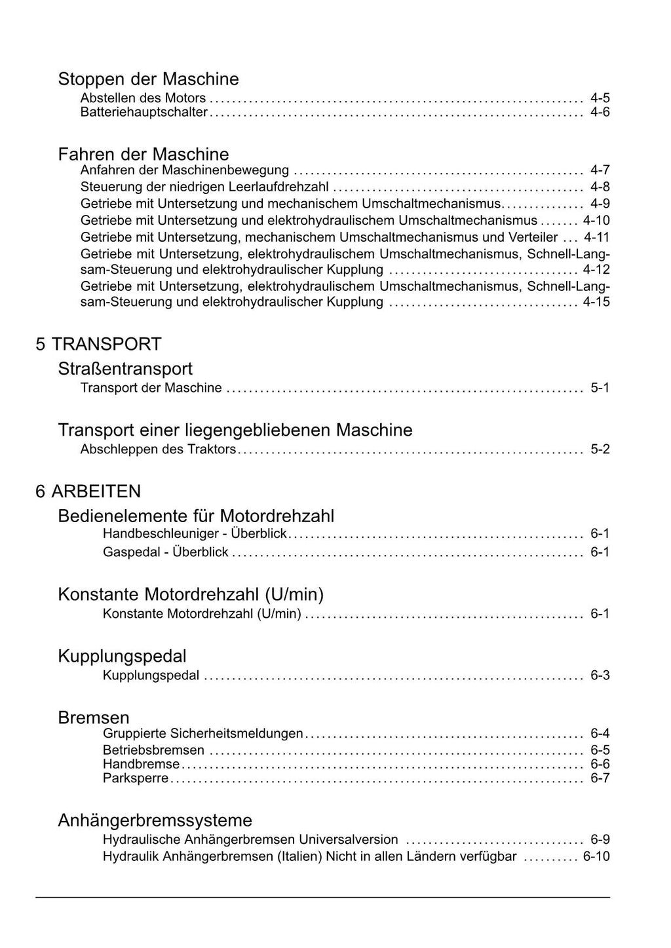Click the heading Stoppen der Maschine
(148, 79)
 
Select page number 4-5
(600, 98)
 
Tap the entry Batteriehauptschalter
(144, 113)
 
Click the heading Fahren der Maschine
(144, 155)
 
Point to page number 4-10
(596, 221)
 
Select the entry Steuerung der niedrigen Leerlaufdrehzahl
(204, 187)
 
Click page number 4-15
(596, 302)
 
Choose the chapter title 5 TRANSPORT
(98, 344)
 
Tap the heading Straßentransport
(125, 369)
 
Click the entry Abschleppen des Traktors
(158, 449)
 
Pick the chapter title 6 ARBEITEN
(88, 491)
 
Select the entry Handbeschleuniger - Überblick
(195, 533)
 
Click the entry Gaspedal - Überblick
(165, 552)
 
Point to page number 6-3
(600, 675)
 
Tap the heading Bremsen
(94, 717)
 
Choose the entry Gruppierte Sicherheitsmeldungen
(202, 734)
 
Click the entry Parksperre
(136, 778)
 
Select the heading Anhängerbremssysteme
(155, 820)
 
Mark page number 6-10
(596, 856)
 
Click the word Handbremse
(141, 764)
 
